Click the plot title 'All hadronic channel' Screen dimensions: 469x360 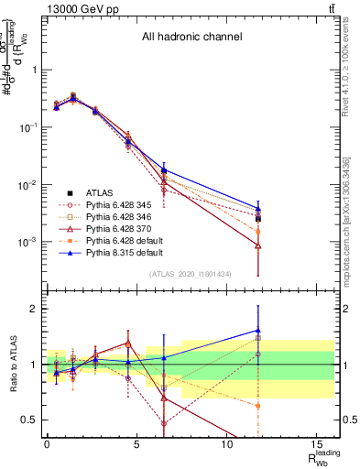(191, 38)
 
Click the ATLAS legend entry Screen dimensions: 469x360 (100, 192)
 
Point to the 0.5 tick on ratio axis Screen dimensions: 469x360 (29, 420)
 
